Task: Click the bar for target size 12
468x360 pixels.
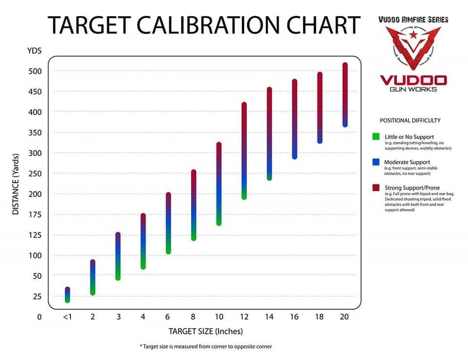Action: pos(244,151)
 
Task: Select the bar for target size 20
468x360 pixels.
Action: pos(345,95)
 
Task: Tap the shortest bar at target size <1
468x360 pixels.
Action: pos(67,295)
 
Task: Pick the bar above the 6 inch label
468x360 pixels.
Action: pos(168,223)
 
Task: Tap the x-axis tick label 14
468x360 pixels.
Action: pos(270,317)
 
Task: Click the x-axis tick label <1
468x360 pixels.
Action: pos(67,317)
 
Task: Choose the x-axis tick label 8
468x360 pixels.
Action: pos(194,317)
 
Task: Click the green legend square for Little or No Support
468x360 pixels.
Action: pos(376,137)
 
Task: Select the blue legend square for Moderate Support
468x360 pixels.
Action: pos(376,161)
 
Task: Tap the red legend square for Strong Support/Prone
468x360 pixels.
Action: pos(376,187)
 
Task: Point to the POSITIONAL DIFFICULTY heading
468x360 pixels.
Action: pos(410,120)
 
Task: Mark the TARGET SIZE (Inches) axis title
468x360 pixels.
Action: pos(206,332)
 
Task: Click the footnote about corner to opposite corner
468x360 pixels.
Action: pos(205,346)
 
